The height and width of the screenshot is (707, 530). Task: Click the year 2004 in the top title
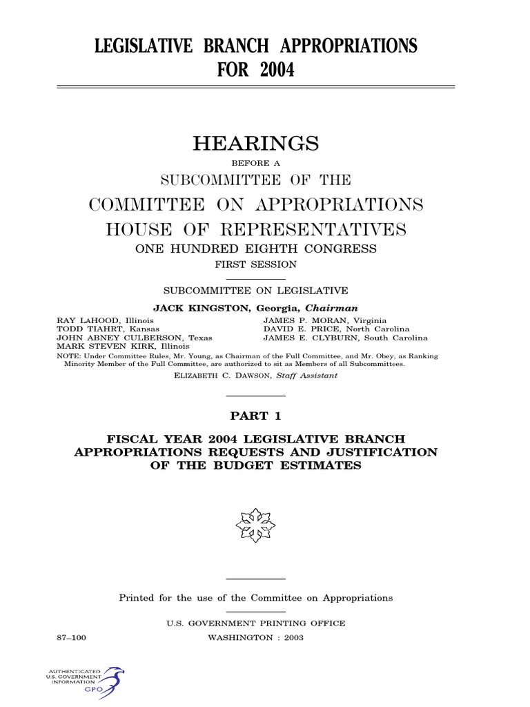277,70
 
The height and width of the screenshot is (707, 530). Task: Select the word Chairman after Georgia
335,308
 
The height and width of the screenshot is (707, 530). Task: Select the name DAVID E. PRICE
304,329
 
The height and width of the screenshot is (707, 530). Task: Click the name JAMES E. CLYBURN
312,338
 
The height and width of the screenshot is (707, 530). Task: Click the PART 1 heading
255,416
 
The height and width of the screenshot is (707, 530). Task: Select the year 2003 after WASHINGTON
290,638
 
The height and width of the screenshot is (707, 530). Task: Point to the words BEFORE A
255,164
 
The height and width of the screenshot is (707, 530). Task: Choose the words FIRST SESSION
255,264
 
